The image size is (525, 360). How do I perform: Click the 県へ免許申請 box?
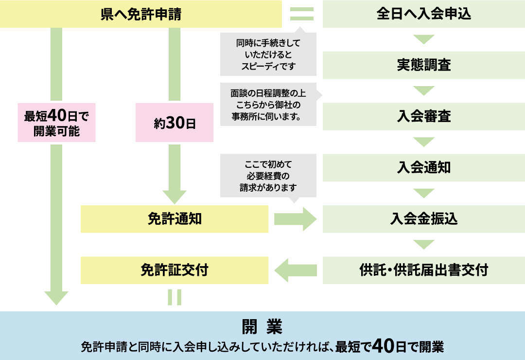click(141, 14)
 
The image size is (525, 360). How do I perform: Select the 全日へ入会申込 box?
click(424, 14)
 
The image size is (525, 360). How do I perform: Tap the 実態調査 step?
click(424, 65)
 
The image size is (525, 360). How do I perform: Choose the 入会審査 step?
click(424, 116)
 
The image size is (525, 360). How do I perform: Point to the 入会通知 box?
click(424, 167)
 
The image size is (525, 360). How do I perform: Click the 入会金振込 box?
click(424, 219)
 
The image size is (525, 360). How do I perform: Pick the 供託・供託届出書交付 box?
click(424, 270)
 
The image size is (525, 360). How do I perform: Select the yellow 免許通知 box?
click(175, 219)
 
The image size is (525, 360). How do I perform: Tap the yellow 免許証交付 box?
click(175, 270)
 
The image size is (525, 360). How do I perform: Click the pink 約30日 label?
click(175, 123)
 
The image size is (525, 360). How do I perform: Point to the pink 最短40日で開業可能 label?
click(56, 123)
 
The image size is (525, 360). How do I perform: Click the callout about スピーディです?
click(268, 54)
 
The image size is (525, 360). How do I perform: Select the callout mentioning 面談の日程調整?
click(268, 105)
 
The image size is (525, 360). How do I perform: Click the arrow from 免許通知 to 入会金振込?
click(295, 219)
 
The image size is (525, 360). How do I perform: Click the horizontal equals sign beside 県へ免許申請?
click(302, 14)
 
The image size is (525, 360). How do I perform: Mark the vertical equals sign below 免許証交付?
click(175, 297)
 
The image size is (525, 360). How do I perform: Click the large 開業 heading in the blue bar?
click(262, 326)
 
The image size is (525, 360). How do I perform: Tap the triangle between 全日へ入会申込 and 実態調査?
click(424, 39)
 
